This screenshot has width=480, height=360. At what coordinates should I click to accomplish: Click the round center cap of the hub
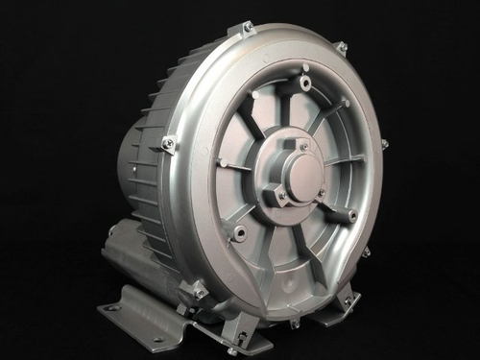[x=302, y=174]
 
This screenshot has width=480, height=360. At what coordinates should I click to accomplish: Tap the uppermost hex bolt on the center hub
[x=302, y=147]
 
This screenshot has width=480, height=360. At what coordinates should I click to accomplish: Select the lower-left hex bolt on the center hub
[x=281, y=195]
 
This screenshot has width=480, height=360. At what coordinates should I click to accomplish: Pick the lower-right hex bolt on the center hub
[x=321, y=194]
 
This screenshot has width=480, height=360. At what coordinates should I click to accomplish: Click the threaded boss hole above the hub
[x=305, y=84]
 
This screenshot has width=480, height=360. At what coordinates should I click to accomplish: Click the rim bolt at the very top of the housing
[x=247, y=28]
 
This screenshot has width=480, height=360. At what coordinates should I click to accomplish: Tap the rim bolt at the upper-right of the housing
[x=341, y=46]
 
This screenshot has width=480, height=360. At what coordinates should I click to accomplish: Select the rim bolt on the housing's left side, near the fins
[x=168, y=144]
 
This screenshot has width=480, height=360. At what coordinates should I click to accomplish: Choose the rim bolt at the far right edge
[x=384, y=144]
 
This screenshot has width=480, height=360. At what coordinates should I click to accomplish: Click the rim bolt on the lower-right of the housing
[x=366, y=252]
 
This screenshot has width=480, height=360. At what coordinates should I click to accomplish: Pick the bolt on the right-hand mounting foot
[x=348, y=300]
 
